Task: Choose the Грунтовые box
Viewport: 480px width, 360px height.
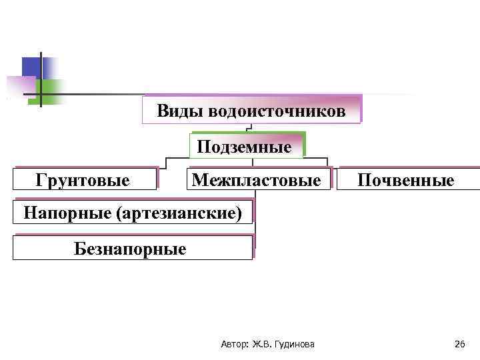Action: (x=83, y=180)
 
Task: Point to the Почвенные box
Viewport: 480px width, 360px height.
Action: (x=406, y=180)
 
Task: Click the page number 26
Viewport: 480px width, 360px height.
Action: (x=459, y=344)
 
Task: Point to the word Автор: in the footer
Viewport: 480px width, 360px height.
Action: (x=233, y=344)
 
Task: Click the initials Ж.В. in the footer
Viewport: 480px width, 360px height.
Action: (x=263, y=344)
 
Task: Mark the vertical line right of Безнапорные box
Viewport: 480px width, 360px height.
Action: (x=255, y=240)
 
